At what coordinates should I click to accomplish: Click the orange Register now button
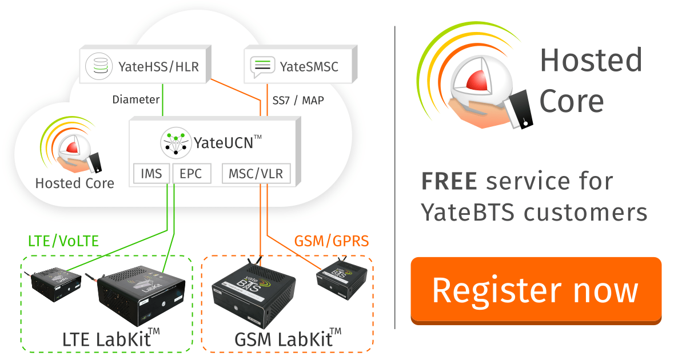coord(536,290)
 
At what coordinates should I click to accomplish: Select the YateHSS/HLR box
coord(143,66)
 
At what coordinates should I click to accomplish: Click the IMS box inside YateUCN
coord(151,173)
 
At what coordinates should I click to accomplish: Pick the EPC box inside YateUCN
coord(191,173)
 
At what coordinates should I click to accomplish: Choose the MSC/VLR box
coord(256,173)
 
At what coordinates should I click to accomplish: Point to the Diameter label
coord(136,99)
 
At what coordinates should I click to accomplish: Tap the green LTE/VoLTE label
coord(63,241)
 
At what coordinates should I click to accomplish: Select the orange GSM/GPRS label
coord(332,241)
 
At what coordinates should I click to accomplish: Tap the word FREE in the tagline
coord(449,182)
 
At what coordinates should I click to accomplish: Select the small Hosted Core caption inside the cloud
coord(74,183)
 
